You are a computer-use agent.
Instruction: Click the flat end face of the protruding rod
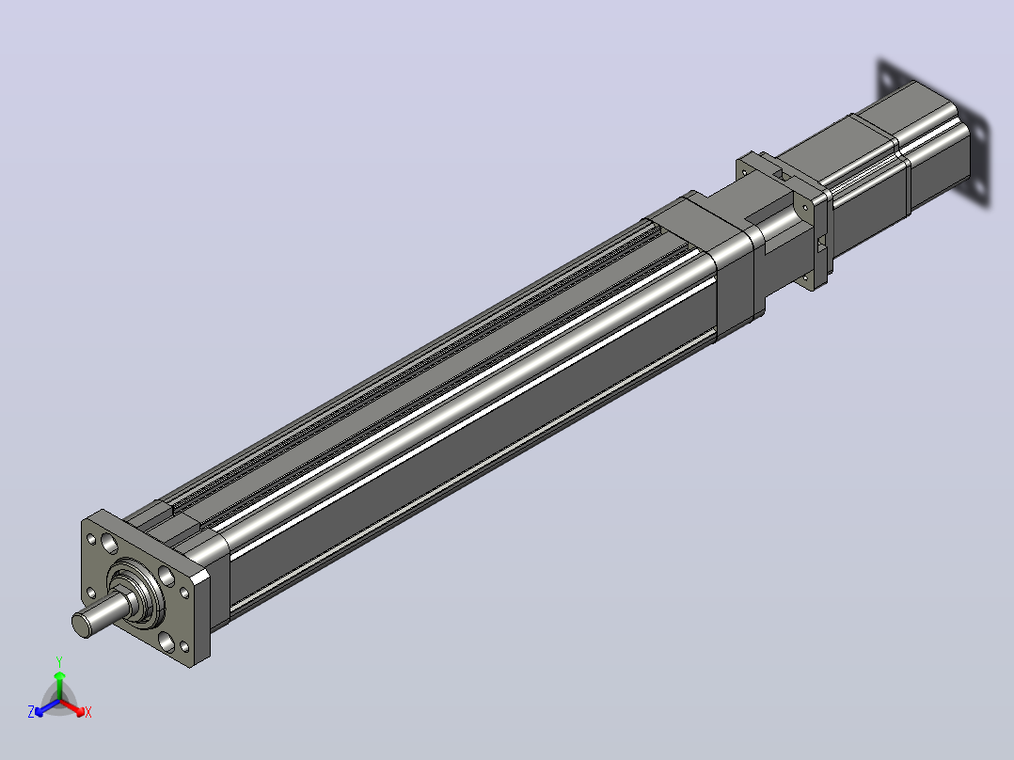tap(82, 625)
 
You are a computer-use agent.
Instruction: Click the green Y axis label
tap(59, 661)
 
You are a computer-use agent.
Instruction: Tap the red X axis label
tap(88, 712)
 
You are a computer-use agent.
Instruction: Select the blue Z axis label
tap(31, 711)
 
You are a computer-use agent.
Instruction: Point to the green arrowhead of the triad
tap(59, 676)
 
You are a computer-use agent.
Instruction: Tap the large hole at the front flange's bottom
tap(166, 641)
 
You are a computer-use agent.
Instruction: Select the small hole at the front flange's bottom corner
tap(184, 645)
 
